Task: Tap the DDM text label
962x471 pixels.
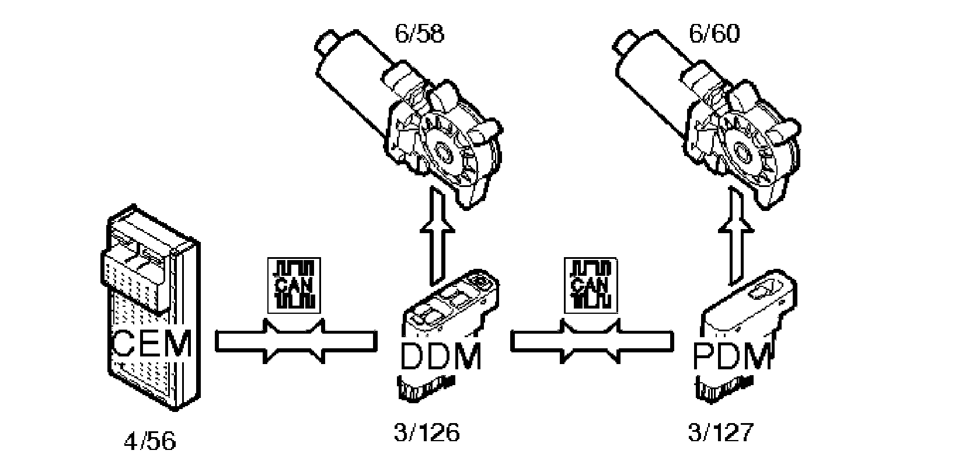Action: (441, 356)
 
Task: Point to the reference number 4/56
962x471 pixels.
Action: (150, 441)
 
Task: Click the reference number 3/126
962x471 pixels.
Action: (427, 433)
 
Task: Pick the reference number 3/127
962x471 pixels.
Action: (721, 433)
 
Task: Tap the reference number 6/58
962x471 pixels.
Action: (419, 34)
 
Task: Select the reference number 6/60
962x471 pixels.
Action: (714, 34)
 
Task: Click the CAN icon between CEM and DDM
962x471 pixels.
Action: (294, 285)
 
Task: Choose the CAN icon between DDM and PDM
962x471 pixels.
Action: (590, 285)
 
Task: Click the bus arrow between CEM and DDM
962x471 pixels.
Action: (294, 342)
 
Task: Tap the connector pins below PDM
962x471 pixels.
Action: (721, 389)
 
